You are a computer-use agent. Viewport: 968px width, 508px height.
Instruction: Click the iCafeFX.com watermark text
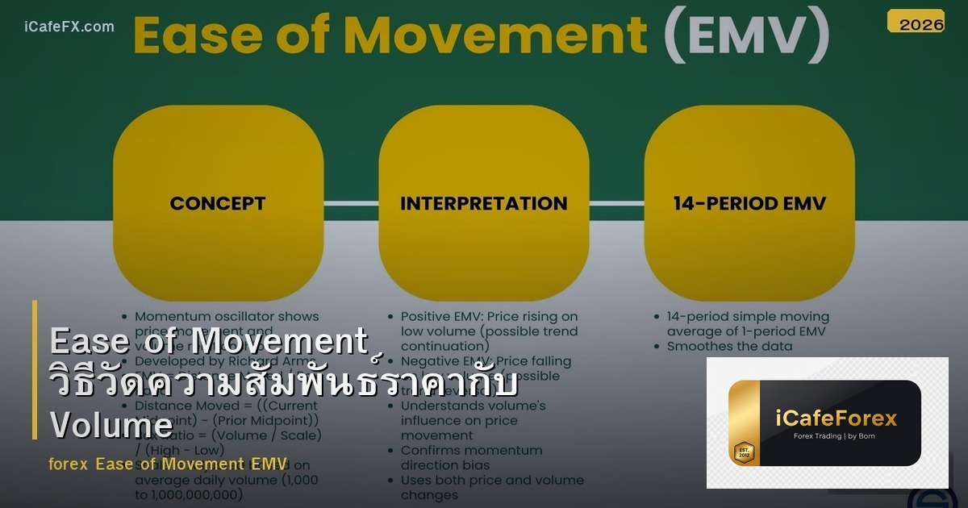point(69,27)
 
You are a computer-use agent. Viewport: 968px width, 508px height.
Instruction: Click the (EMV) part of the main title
point(746,35)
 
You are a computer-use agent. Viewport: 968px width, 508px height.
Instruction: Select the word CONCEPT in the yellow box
point(218,203)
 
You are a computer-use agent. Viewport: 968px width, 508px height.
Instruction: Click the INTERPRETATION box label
point(484,203)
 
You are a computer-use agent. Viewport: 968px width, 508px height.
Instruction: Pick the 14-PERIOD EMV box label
point(749,203)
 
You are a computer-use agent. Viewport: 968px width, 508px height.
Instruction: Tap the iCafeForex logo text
point(837,418)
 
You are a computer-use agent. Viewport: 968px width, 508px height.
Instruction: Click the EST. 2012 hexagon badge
point(743,453)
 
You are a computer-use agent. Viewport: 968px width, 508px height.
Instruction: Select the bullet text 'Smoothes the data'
point(729,346)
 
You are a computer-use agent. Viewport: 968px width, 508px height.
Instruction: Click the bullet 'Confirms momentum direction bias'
point(471,457)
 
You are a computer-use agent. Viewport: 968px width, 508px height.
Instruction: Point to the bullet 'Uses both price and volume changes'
point(491,487)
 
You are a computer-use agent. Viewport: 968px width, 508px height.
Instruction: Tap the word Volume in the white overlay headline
point(111,425)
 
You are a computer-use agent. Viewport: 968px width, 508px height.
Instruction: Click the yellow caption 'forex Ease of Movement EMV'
point(168,464)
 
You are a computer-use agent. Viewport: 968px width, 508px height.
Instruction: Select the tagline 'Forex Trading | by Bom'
point(836,436)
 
